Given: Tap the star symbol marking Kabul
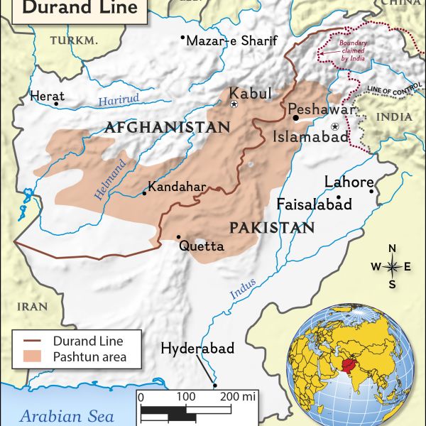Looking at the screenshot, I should (234, 104).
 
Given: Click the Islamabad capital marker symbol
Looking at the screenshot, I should (335, 126).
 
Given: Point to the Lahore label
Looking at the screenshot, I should (349, 182).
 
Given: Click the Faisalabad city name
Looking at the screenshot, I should (315, 204).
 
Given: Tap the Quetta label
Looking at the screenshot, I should (202, 247).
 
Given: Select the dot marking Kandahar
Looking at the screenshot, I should (144, 192).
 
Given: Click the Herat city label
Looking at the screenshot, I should (47, 96).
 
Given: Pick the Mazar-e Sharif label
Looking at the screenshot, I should (231, 40).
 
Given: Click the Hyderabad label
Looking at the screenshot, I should (197, 349).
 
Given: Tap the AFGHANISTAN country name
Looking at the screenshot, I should (167, 128).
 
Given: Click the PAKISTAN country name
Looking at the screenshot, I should (272, 227).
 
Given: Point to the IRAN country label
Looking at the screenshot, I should (33, 307).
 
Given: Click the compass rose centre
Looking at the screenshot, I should (392, 267).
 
